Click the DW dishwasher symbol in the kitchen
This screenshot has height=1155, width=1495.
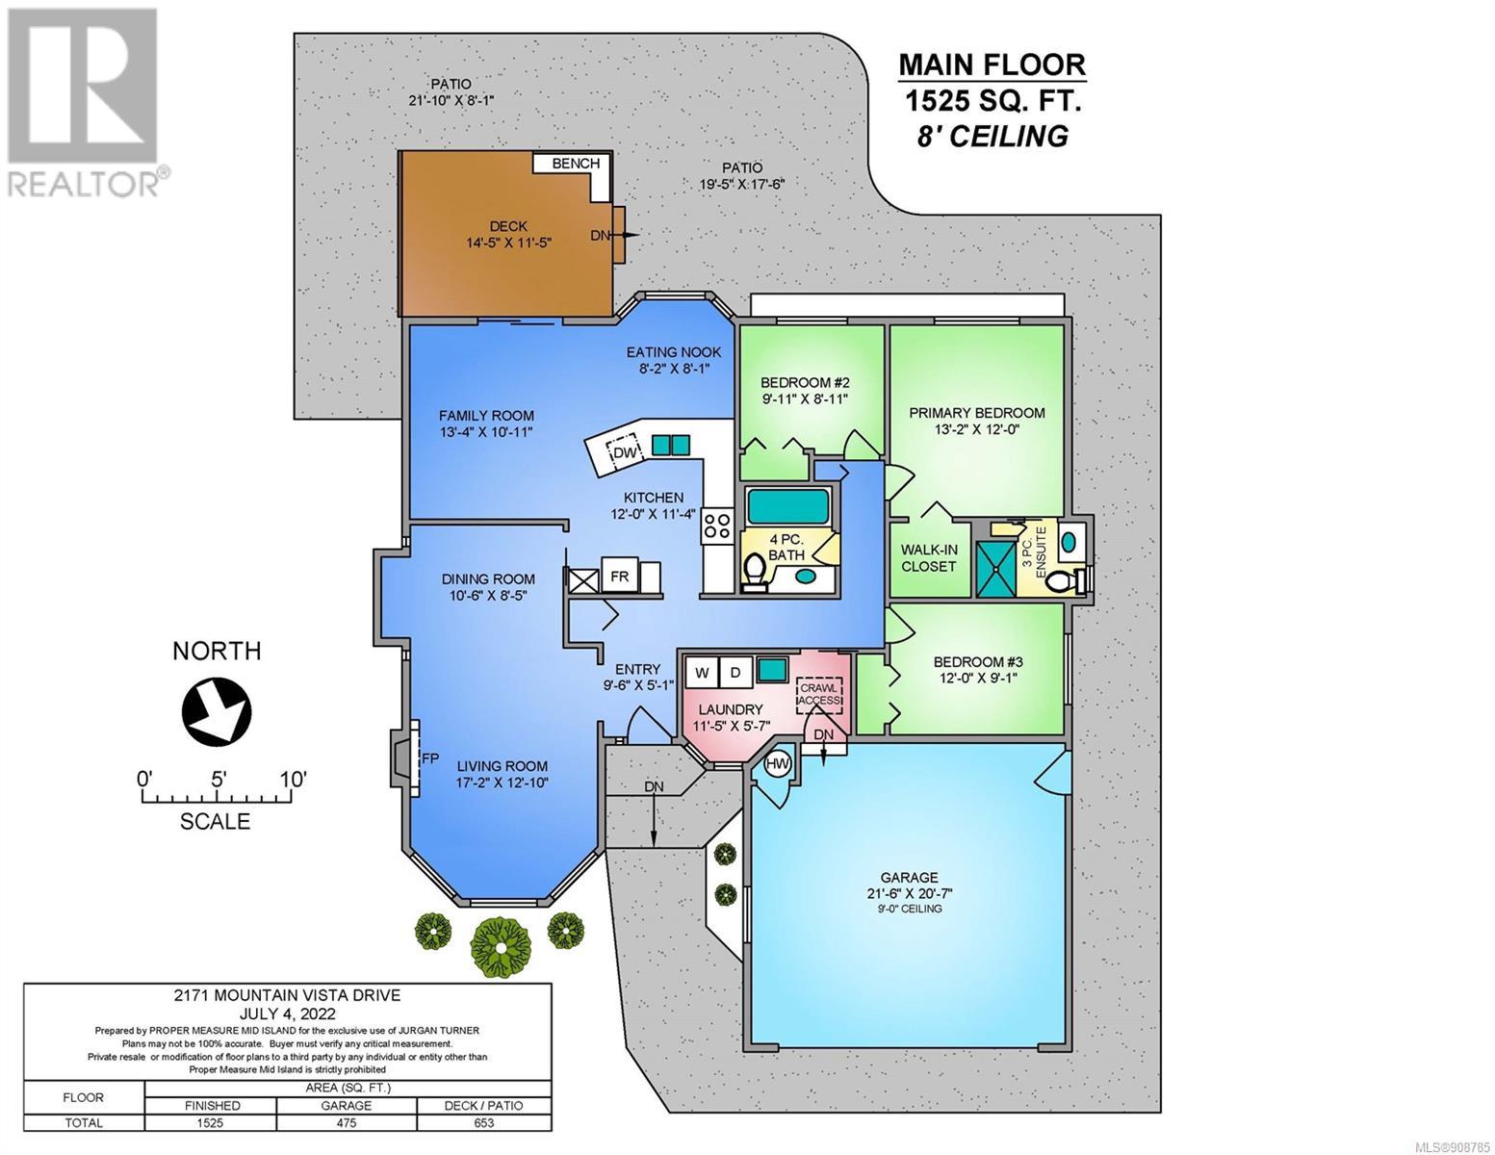pos(626,452)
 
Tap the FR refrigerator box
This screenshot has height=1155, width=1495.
pos(619,577)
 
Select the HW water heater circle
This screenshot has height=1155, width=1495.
pos(778,763)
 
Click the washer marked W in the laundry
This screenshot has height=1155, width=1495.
pos(702,672)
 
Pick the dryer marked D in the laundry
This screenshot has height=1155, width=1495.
pos(735,672)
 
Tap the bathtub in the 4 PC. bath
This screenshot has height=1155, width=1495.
pos(787,506)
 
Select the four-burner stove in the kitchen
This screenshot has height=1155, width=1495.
pos(717,526)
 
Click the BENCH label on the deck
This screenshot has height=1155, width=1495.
pos(576,163)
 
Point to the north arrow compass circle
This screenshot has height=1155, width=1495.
pos(217,710)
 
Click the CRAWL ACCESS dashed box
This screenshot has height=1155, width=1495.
pos(820,694)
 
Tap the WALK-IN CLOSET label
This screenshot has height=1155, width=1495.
pos(929,558)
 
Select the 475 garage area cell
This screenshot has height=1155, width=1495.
pos(347,1122)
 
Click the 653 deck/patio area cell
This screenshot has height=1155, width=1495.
pos(483,1122)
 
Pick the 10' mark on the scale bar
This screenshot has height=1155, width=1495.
pos(292,780)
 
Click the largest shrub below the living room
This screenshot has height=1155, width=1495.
pos(502,947)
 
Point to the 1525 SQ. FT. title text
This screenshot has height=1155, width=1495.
pos(992,102)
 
